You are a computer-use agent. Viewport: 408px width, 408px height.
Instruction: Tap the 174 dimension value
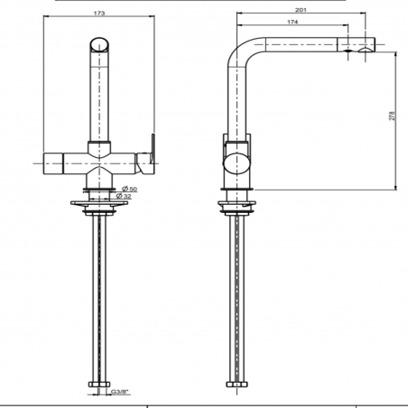292,23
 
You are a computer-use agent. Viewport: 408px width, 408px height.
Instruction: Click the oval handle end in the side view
233,162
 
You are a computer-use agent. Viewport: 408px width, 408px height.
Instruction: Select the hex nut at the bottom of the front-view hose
98,385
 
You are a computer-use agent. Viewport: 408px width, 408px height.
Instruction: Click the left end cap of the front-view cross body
48,162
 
